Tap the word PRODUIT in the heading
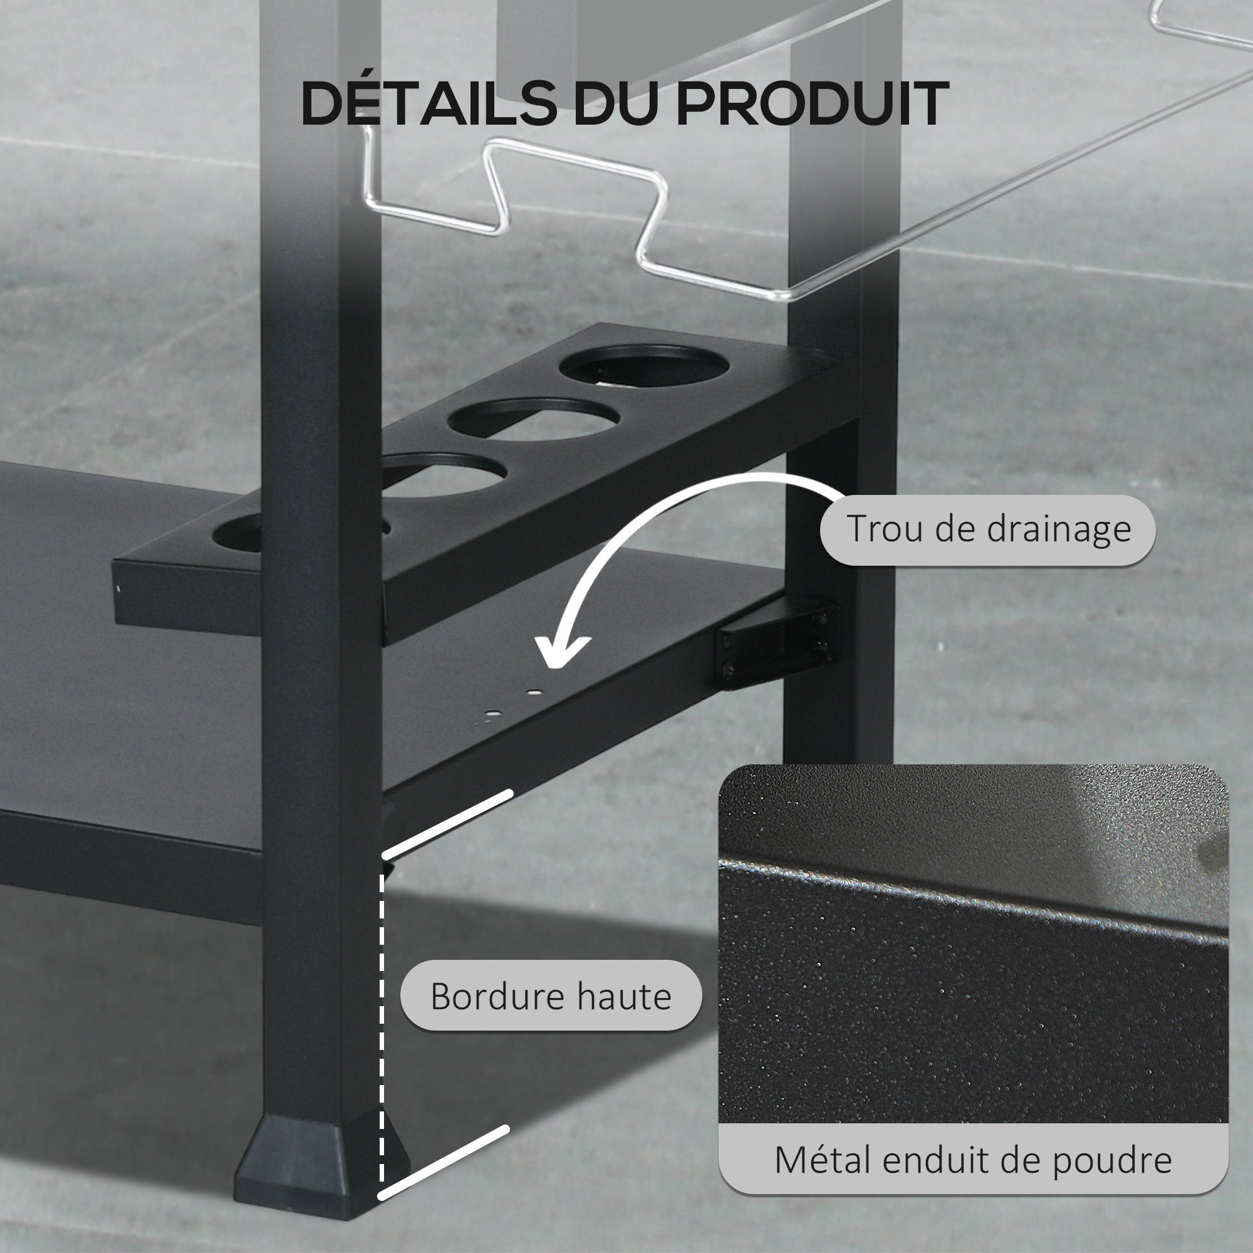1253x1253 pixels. [x=813, y=104]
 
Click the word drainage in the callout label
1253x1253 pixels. [x=1060, y=530]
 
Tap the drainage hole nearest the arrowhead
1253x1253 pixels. [x=533, y=693]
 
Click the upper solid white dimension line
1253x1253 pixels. [x=447, y=824]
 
